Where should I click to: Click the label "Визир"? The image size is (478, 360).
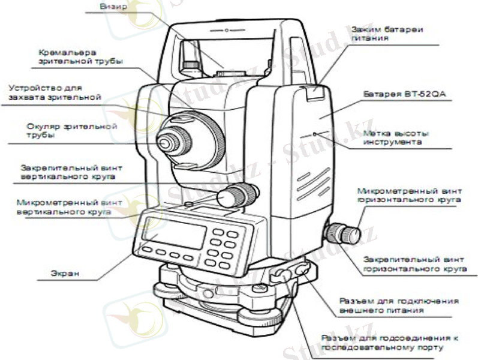(x=113, y=7)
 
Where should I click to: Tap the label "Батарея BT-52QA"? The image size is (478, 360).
(x=405, y=94)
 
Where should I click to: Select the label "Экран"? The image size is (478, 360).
(x=65, y=273)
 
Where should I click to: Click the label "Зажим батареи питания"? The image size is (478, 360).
(x=387, y=34)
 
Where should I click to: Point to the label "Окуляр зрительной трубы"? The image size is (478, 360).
(x=71, y=131)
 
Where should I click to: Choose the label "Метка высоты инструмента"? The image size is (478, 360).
(x=396, y=137)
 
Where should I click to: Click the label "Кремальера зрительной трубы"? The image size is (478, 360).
(x=80, y=57)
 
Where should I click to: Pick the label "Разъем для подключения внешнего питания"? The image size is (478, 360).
(x=399, y=305)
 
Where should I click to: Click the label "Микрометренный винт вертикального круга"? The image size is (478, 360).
(x=70, y=207)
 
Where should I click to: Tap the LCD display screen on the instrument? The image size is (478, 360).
(x=174, y=233)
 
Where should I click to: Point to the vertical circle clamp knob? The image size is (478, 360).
(x=238, y=195)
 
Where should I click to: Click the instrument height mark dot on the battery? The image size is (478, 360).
(x=315, y=134)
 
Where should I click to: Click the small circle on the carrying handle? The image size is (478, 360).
(x=227, y=30)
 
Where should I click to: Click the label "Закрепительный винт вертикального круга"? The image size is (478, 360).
(x=71, y=172)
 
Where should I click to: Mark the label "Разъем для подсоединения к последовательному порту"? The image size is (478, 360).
(x=390, y=343)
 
